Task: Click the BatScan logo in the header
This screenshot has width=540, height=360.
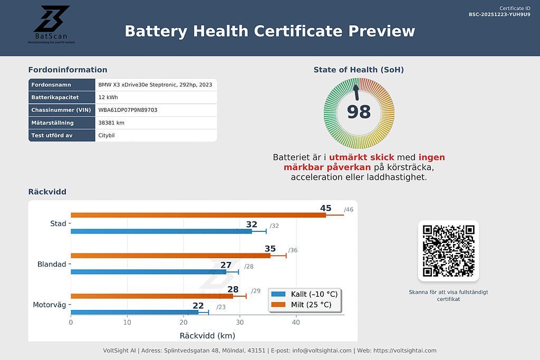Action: point(52,24)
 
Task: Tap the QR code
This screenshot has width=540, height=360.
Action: point(448,250)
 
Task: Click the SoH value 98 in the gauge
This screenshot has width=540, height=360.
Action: point(359,112)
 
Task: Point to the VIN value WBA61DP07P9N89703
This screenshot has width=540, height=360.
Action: point(128,110)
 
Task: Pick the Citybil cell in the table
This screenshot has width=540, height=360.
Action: point(107,135)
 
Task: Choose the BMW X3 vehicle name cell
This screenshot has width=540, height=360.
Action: point(155,85)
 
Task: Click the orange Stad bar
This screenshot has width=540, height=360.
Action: point(198,215)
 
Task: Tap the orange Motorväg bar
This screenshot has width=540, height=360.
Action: point(151,296)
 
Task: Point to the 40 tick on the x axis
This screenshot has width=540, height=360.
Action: point(296,323)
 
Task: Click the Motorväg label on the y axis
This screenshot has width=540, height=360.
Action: point(50,305)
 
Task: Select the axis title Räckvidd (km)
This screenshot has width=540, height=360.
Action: point(207,336)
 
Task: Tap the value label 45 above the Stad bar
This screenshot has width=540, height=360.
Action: point(325,208)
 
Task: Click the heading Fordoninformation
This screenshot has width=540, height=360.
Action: point(67,70)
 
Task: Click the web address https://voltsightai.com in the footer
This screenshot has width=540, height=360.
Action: point(404,351)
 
